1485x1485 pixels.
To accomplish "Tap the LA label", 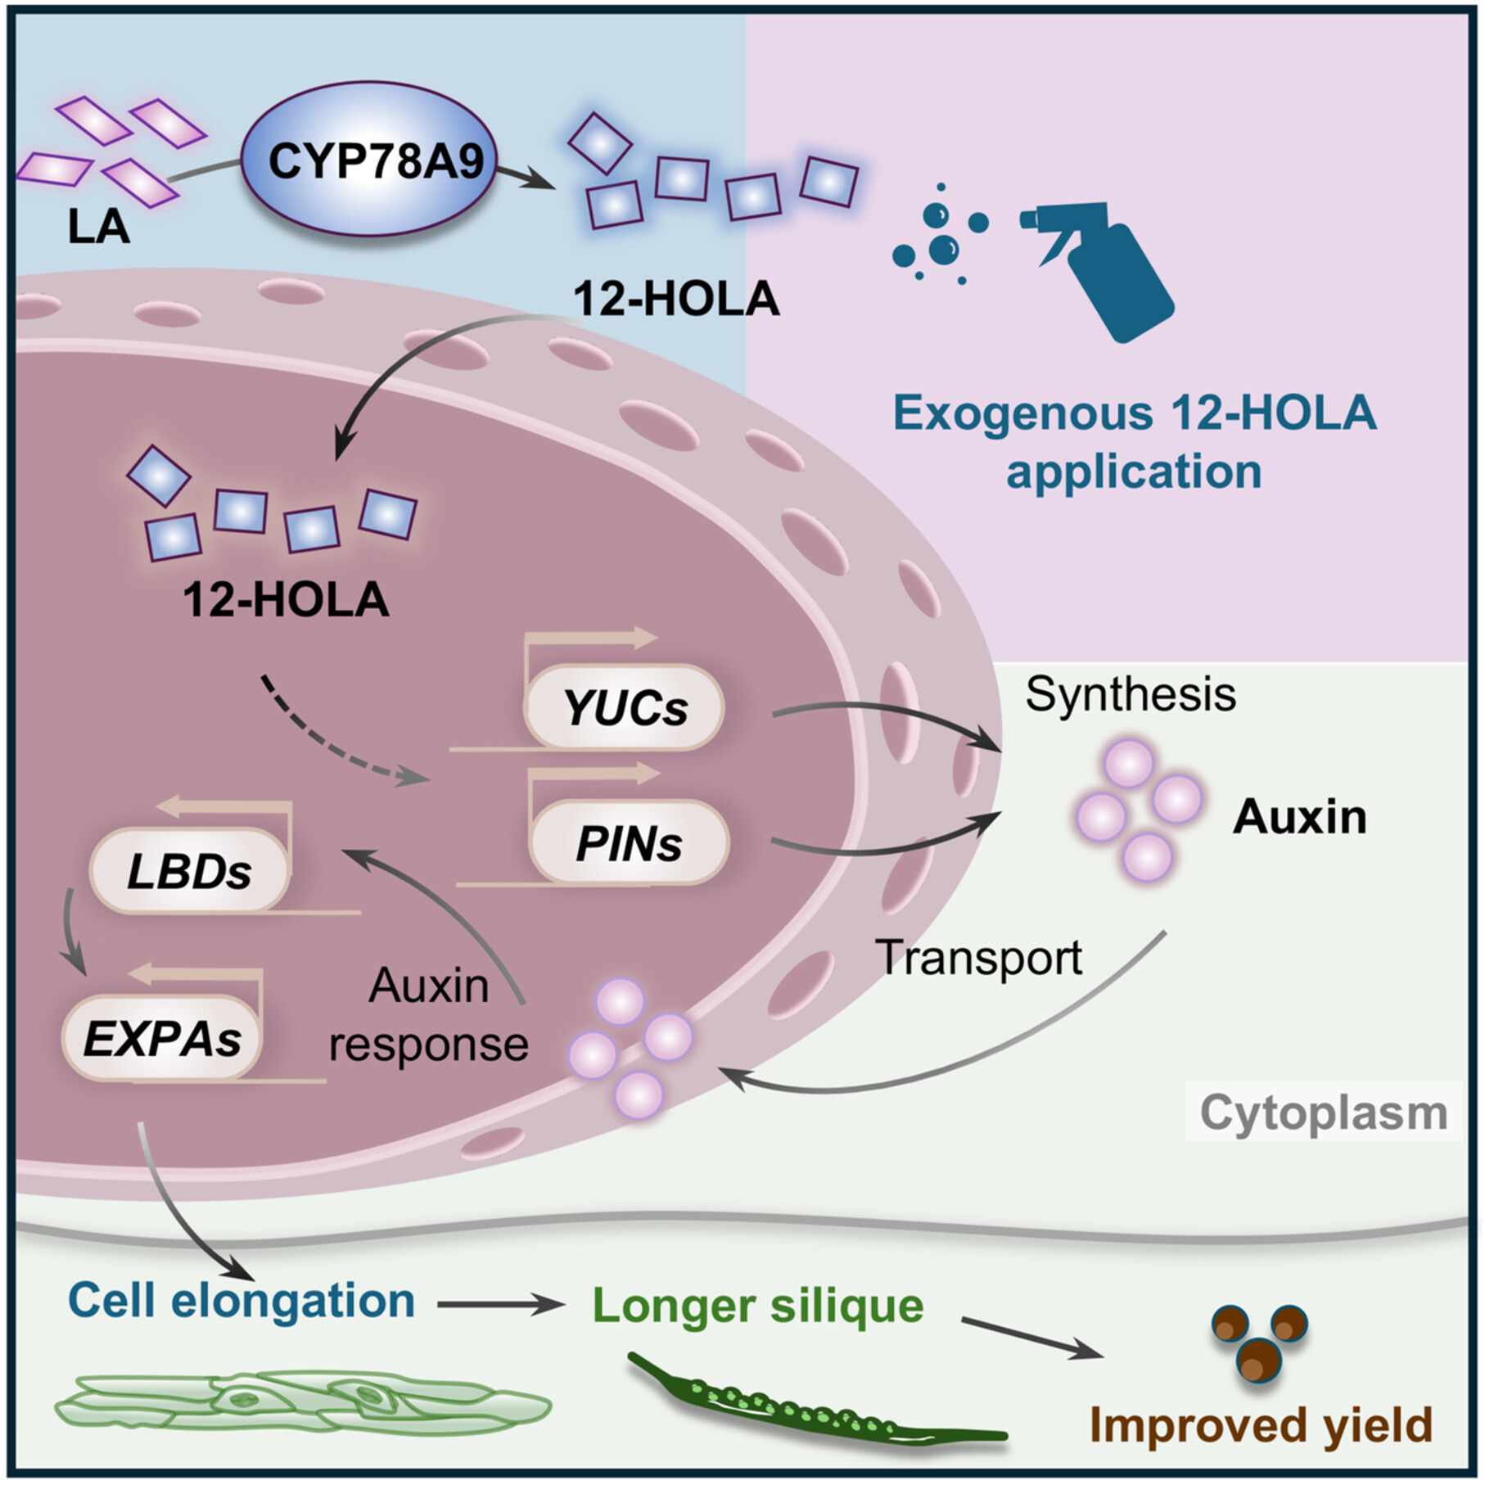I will tap(98, 227).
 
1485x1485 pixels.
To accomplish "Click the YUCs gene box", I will tap(625, 707).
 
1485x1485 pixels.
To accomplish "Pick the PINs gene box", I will tap(629, 843).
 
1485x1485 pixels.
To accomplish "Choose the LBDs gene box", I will tap(189, 872).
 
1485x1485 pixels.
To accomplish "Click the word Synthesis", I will tap(1130, 694).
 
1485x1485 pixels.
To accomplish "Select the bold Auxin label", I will tap(1299, 816).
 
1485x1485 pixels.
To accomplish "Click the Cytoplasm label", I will tap(1323, 1113).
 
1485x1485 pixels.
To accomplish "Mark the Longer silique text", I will tap(757, 1305).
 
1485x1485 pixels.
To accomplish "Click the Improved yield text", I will tap(1261, 1424).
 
